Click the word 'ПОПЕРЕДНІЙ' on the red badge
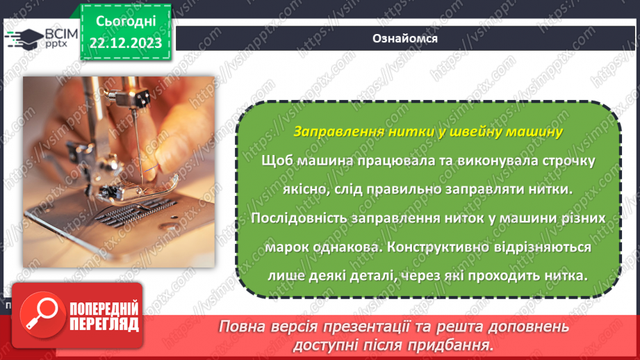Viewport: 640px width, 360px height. [x=103, y=308]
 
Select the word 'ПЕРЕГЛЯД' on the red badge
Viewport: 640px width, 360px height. [x=103, y=324]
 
